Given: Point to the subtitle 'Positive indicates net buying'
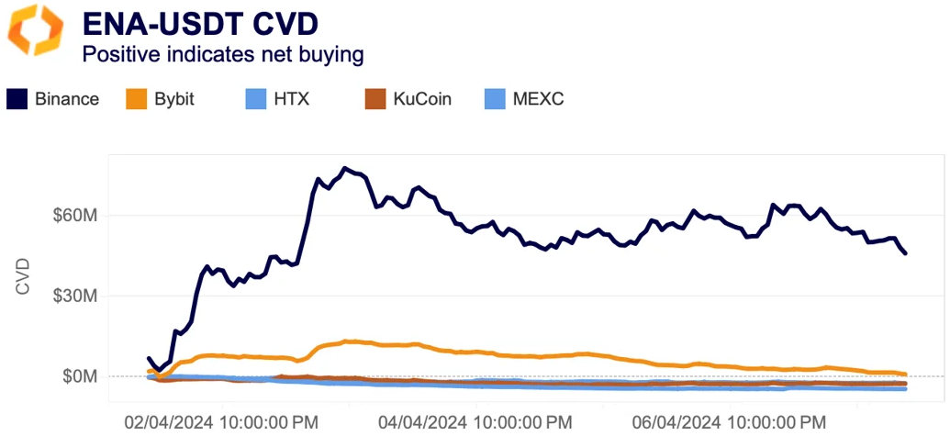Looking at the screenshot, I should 223,55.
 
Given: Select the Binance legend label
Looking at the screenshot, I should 67,99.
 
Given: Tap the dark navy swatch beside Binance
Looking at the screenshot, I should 17,99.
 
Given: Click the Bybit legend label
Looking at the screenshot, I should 173,99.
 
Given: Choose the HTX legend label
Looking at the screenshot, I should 291,99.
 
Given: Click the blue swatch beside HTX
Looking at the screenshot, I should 256,99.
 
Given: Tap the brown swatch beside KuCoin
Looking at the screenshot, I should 375,99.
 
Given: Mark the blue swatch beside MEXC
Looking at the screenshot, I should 495,99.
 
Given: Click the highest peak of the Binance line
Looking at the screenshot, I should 345,168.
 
